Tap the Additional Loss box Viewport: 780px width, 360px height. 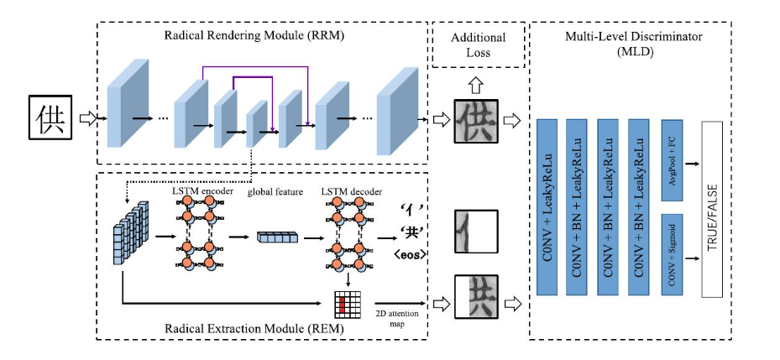478,44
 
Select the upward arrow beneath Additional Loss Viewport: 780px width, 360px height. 477,85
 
